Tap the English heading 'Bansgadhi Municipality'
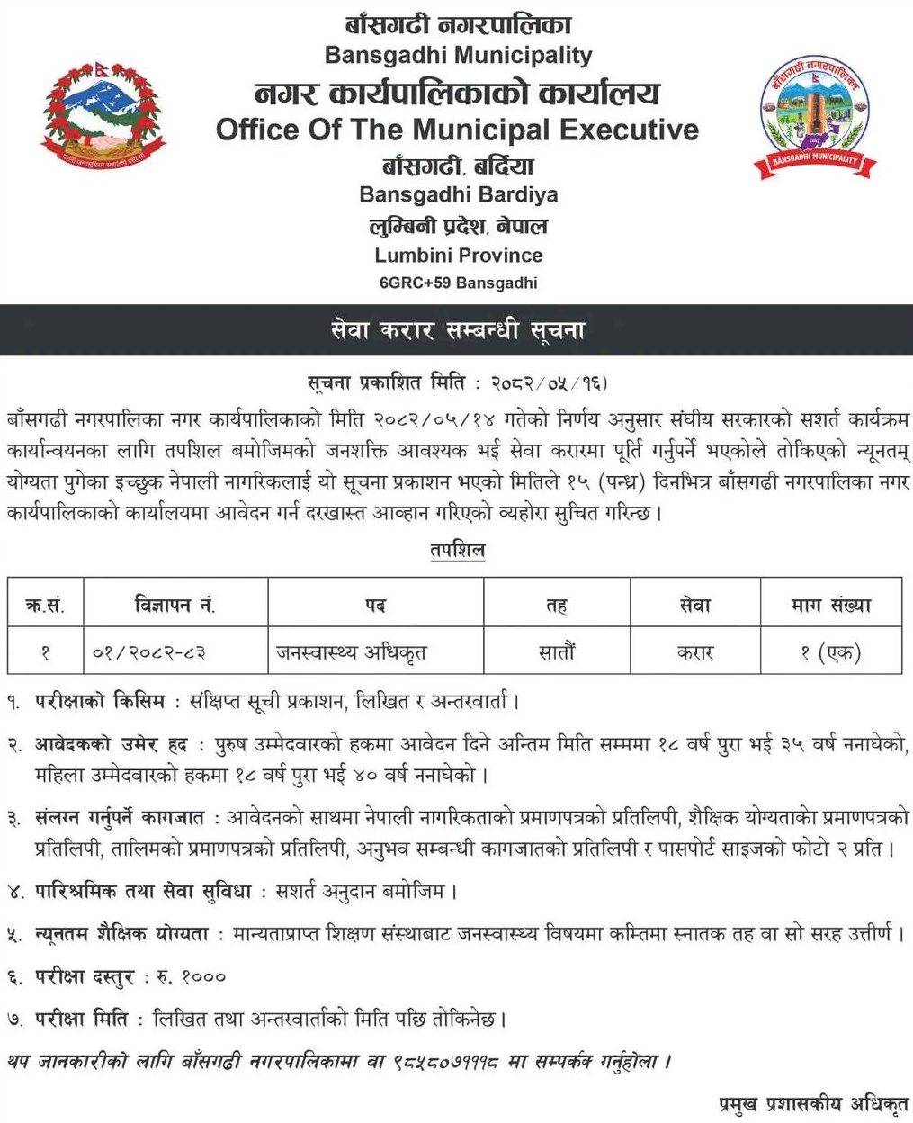[458, 55]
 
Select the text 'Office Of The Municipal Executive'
[457, 130]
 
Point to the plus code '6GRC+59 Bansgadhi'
[458, 283]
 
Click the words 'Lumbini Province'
[458, 255]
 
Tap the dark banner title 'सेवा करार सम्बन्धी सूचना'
[457, 330]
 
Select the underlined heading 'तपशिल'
[457, 549]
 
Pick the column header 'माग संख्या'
[830, 605]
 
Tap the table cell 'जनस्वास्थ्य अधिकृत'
[352, 652]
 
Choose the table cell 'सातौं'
[556, 652]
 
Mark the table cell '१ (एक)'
[830, 652]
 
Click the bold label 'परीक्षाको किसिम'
[100, 700]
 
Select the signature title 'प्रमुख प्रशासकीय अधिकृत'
[814, 1103]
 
